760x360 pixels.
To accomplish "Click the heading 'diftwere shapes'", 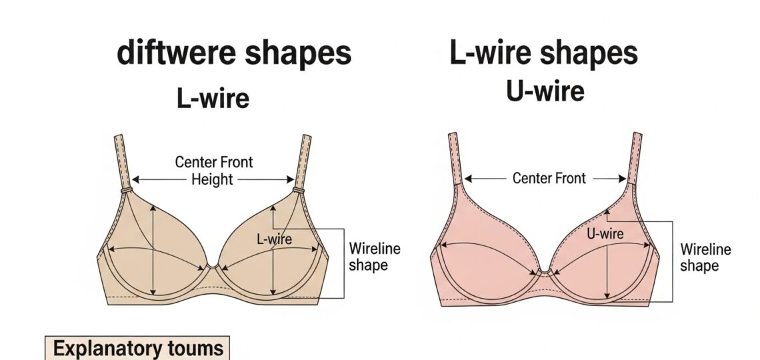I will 234,53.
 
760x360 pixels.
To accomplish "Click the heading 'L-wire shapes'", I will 543,53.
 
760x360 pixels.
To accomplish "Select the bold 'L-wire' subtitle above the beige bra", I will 213,99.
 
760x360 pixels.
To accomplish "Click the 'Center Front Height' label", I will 213,170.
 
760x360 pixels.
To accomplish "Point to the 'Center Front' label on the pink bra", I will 549,178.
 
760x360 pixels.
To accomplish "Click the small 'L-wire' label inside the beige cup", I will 274,239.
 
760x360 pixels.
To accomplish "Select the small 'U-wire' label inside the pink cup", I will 605,234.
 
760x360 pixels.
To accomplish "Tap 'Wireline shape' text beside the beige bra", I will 375,257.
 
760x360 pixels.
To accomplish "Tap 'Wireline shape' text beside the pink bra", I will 705,257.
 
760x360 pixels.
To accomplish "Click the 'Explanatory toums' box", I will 137,348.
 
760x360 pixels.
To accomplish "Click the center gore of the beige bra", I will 212,267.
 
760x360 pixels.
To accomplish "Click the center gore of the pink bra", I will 544,271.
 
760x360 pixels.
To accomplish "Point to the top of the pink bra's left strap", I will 453,137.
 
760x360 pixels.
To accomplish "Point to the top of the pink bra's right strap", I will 637,137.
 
